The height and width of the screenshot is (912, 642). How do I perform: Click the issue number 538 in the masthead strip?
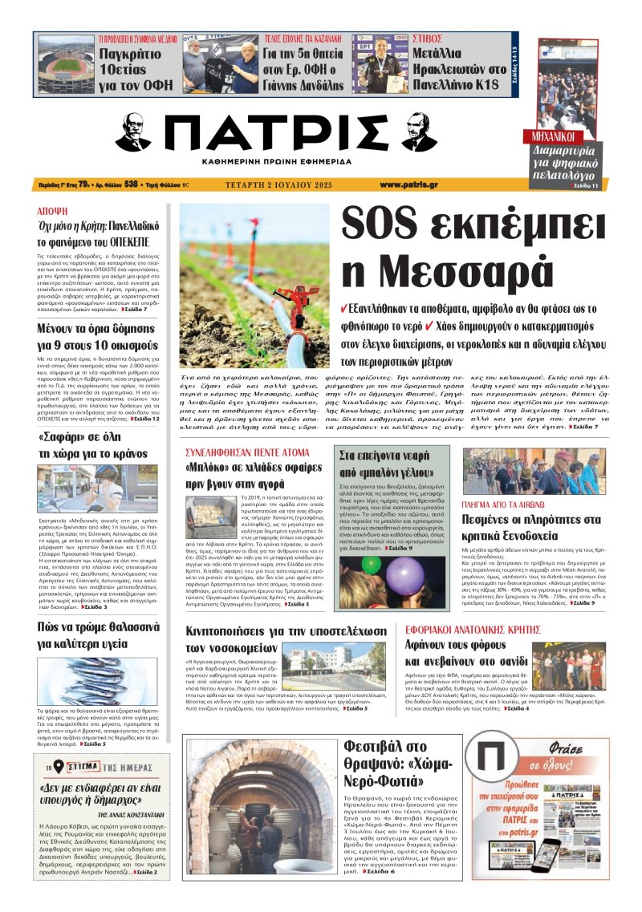120,184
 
